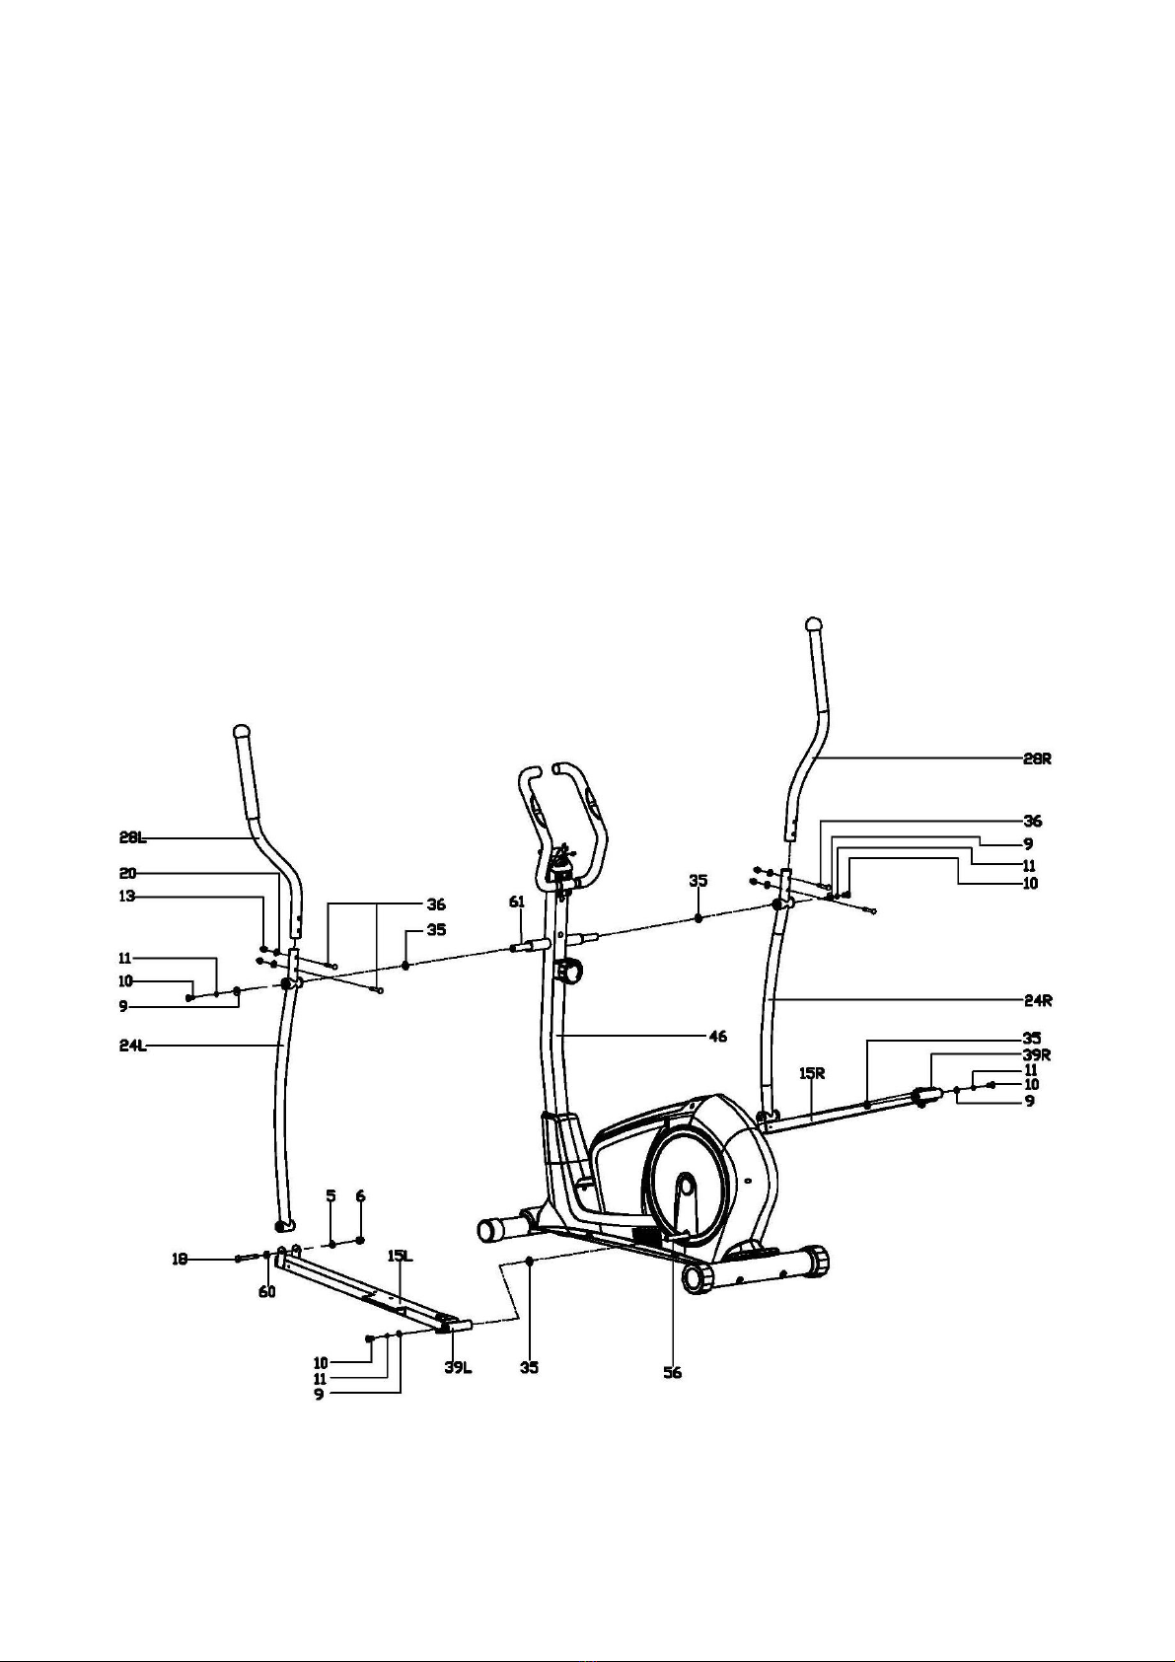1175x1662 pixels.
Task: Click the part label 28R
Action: click(1037, 759)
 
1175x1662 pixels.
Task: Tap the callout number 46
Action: click(718, 1037)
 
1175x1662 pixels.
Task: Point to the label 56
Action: click(672, 1372)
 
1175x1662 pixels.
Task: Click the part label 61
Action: click(517, 902)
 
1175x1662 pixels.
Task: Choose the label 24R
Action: click(1037, 1000)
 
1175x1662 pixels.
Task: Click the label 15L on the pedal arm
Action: click(400, 1256)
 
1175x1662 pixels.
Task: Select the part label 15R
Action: click(812, 1071)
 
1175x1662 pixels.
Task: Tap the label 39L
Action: click(457, 1367)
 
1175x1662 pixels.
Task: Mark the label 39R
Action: click(1037, 1054)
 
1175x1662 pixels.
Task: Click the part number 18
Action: click(181, 1259)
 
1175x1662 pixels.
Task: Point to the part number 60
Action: click(267, 1292)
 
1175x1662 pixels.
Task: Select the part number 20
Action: click(128, 873)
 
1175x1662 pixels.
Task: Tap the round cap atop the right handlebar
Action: click(814, 624)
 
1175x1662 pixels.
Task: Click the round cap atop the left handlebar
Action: click(242, 733)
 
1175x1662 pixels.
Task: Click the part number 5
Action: click(331, 1195)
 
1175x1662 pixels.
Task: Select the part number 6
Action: click(361, 1195)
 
